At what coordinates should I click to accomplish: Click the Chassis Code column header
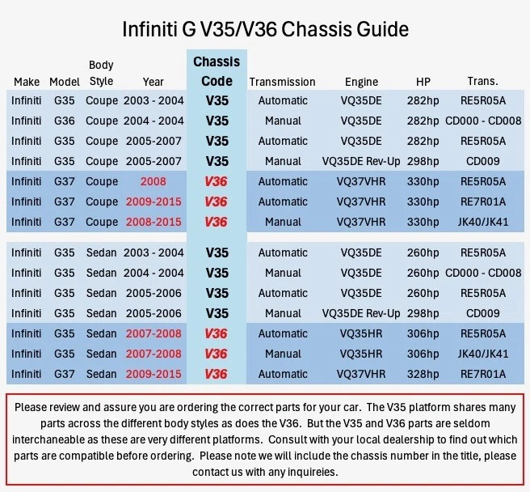click(217, 71)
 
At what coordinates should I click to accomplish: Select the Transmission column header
click(282, 82)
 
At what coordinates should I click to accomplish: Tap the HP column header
click(423, 82)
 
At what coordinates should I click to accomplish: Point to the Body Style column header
click(101, 73)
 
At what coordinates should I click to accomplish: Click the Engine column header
click(361, 82)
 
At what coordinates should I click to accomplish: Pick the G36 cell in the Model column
click(64, 121)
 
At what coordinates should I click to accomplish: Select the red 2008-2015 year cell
click(153, 223)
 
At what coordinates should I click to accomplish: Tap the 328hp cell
click(423, 375)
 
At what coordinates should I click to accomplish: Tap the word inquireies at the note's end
click(296, 473)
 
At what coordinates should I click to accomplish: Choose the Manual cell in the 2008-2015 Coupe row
click(283, 223)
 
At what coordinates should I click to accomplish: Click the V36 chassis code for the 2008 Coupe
click(217, 182)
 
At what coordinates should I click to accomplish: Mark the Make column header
click(27, 82)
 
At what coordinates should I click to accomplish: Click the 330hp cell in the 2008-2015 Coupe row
click(423, 223)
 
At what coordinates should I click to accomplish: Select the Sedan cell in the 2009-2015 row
click(102, 375)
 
